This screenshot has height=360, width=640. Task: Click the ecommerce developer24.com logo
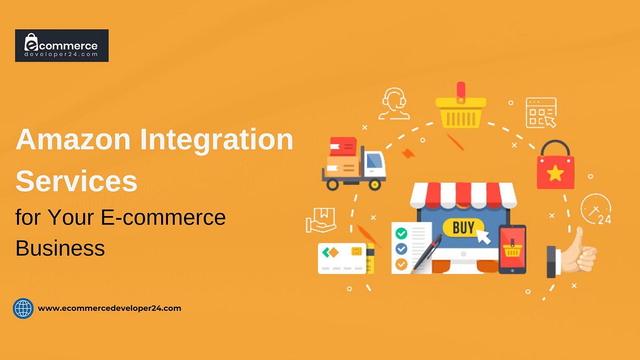click(x=61, y=45)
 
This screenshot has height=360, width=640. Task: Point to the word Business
click(x=60, y=247)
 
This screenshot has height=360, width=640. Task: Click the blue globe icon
click(x=23, y=308)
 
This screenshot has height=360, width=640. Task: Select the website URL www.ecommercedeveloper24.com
click(x=109, y=308)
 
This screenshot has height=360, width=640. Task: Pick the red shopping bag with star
click(x=555, y=166)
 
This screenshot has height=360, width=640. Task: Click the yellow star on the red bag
click(x=555, y=172)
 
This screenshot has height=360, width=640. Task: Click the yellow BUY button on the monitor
click(x=463, y=228)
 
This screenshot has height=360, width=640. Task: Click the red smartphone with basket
click(x=512, y=249)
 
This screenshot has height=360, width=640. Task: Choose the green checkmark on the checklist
click(x=401, y=233)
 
